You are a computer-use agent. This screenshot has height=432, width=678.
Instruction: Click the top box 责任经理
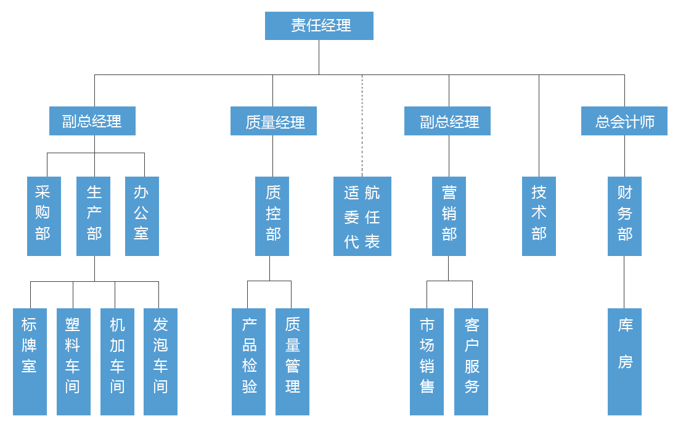(x=319, y=26)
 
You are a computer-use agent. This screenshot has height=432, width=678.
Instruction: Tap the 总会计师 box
(x=624, y=121)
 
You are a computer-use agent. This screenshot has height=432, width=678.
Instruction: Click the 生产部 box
(x=94, y=216)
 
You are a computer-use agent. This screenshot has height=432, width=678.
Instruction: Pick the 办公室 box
(x=142, y=216)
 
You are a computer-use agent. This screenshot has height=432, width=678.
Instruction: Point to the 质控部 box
(x=272, y=216)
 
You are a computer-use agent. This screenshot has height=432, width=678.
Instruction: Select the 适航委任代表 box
(x=362, y=216)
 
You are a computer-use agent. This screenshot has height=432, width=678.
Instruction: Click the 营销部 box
(x=449, y=216)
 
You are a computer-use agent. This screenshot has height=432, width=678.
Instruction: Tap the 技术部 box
(x=539, y=216)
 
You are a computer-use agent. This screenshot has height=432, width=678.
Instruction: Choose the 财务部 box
(x=624, y=216)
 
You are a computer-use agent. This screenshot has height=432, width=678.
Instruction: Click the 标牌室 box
(x=30, y=361)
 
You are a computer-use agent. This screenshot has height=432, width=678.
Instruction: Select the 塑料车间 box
(x=73, y=361)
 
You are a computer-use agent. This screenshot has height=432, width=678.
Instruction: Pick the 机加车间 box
(x=116, y=361)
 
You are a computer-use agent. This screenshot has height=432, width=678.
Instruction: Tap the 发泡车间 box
(x=160, y=361)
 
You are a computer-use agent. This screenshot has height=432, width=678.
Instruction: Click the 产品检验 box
(x=249, y=361)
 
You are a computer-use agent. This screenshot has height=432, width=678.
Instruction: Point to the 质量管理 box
(x=292, y=361)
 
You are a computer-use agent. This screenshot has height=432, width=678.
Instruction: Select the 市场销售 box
(x=427, y=361)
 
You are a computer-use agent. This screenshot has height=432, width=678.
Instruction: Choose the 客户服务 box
(x=471, y=361)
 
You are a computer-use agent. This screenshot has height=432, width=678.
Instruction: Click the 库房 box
(x=624, y=361)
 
